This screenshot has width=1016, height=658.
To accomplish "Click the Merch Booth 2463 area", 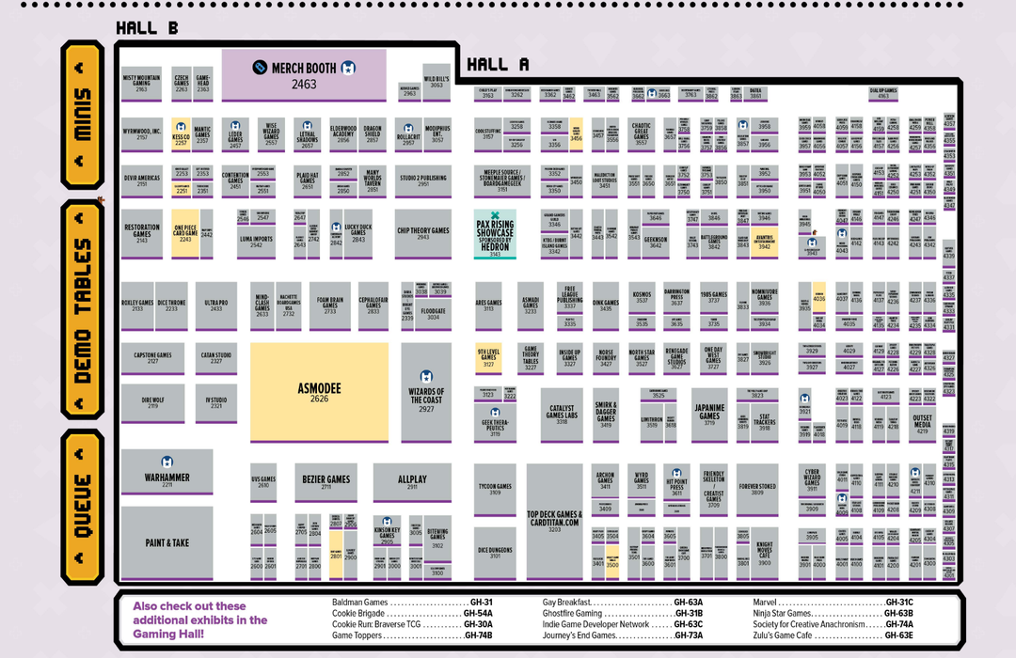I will point(304,75).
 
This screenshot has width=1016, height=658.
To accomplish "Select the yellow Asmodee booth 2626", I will point(319,392).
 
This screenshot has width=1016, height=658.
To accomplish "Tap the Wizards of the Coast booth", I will point(426,392).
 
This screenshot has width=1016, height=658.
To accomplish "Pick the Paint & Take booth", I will point(167,542).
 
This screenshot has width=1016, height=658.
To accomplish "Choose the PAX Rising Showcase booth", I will point(495,234).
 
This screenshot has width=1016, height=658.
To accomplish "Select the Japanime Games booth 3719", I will point(709,414).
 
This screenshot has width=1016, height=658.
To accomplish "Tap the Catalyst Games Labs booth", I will point(563,414).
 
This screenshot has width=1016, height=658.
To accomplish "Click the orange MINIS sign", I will point(82,114).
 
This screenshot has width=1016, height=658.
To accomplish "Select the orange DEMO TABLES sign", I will point(82,310).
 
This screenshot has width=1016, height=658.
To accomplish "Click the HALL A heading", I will point(498,65).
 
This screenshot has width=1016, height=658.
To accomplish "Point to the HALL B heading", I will point(147,28).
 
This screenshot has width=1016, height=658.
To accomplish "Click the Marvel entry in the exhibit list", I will point(767,602).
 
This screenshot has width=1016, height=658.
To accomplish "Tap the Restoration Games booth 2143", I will point(141,232).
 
